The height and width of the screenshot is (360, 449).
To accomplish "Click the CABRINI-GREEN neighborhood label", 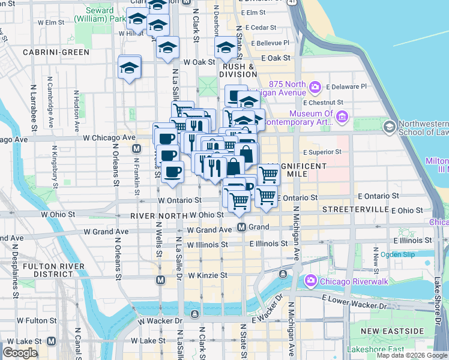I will click(56, 52).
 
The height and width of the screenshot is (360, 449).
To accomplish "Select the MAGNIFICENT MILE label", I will click(297, 170).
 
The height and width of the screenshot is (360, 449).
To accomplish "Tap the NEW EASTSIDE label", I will click(391, 331).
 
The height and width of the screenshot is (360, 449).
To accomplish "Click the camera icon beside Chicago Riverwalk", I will click(310, 280).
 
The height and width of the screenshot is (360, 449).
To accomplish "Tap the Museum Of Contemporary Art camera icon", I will click(342, 116).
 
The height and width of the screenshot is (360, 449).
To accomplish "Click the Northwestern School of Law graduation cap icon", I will click(389, 126).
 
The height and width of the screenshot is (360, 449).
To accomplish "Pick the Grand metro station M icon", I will click(241, 227).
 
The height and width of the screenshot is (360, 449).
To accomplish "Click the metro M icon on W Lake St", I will click(51, 341).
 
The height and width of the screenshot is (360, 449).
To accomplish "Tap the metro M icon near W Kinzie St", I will click(160, 280).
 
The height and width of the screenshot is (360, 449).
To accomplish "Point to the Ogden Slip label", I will click(398, 254).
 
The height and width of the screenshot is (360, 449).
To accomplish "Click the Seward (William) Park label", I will click(98, 14).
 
